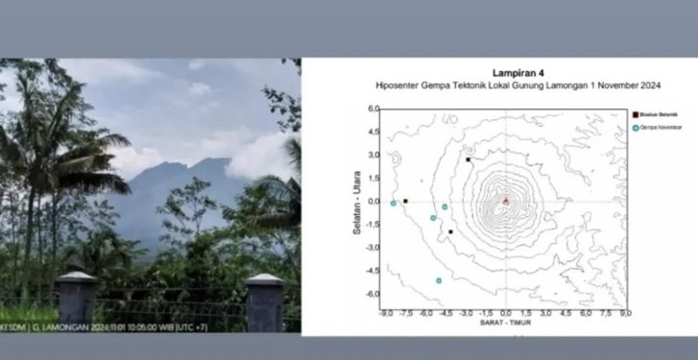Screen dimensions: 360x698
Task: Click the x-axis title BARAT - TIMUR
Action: tap(505, 324)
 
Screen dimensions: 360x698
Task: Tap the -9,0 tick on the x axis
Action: tap(386, 313)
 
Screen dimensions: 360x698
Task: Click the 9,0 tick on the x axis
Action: tap(625, 313)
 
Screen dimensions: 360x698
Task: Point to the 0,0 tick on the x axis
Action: tap(506, 313)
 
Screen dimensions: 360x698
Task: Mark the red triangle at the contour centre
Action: tap(506, 201)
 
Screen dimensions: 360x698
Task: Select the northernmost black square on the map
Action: tap(468, 159)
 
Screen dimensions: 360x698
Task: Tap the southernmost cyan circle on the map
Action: tap(439, 280)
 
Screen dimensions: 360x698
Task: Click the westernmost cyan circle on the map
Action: tap(394, 203)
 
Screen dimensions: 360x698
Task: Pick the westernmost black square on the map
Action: tap(405, 202)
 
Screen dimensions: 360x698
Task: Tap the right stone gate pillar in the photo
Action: tap(265, 300)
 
